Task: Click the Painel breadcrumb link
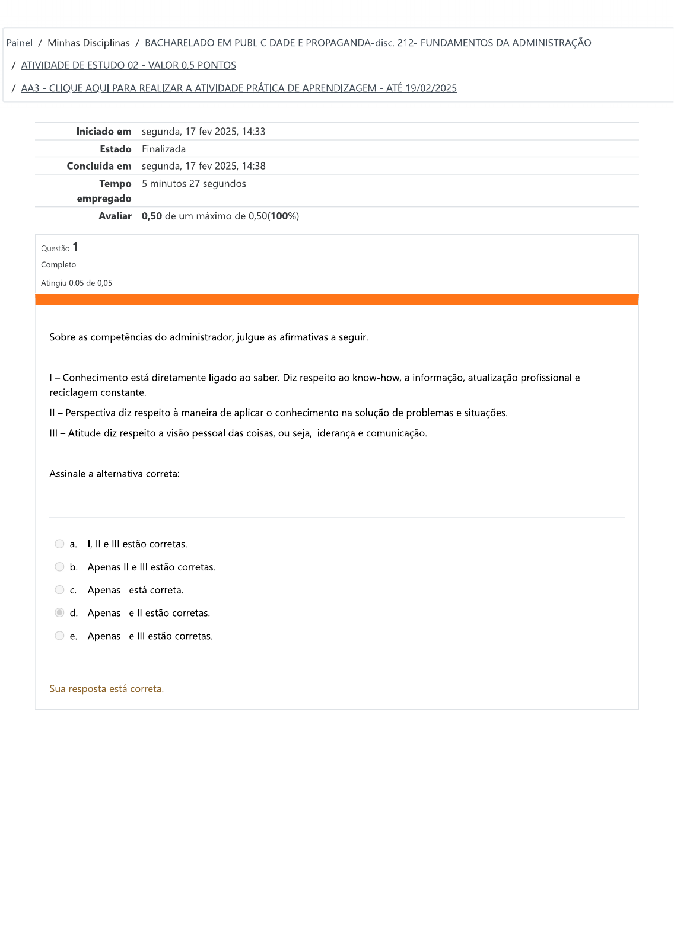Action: [x=19, y=43]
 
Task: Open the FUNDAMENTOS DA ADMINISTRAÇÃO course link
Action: [x=368, y=43]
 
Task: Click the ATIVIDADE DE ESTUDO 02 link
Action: [x=128, y=65]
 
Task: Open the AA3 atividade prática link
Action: [x=239, y=88]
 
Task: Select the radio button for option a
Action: [x=59, y=544]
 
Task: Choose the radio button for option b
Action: [x=59, y=567]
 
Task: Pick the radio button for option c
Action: [x=59, y=590]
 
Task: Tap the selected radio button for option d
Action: [x=59, y=612]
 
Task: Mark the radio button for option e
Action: [x=59, y=636]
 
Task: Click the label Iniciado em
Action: [x=104, y=132]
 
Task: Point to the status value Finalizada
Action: [x=164, y=149]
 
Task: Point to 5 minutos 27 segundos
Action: [x=193, y=184]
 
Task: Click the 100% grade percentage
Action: [x=284, y=216]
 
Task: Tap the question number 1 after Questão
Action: [x=75, y=247]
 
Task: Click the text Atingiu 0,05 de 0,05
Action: [x=77, y=283]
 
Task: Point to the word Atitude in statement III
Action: [x=84, y=433]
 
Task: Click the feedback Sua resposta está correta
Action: [x=106, y=688]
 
